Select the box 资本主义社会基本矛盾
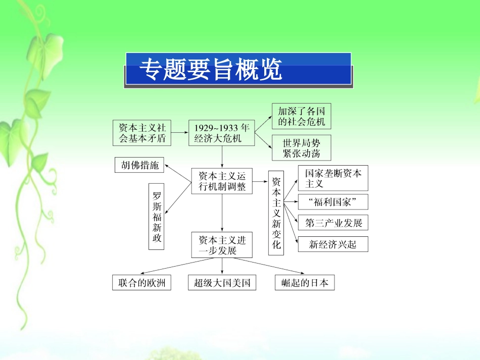point(141,133)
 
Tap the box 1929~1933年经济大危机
point(221,133)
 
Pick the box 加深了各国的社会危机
point(301,116)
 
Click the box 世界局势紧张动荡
point(301,148)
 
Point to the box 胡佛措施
point(140,165)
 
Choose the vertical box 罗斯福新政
point(157,217)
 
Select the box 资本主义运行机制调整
point(222,181)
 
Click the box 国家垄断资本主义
point(333,178)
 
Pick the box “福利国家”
point(333,202)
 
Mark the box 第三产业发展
point(333,223)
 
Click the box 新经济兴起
point(333,244)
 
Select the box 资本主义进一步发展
point(222,245)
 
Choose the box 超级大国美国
point(222,283)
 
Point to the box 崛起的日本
point(305,283)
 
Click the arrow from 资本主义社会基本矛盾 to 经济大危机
point(179,133)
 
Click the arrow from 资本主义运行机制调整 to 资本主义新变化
point(260,181)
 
